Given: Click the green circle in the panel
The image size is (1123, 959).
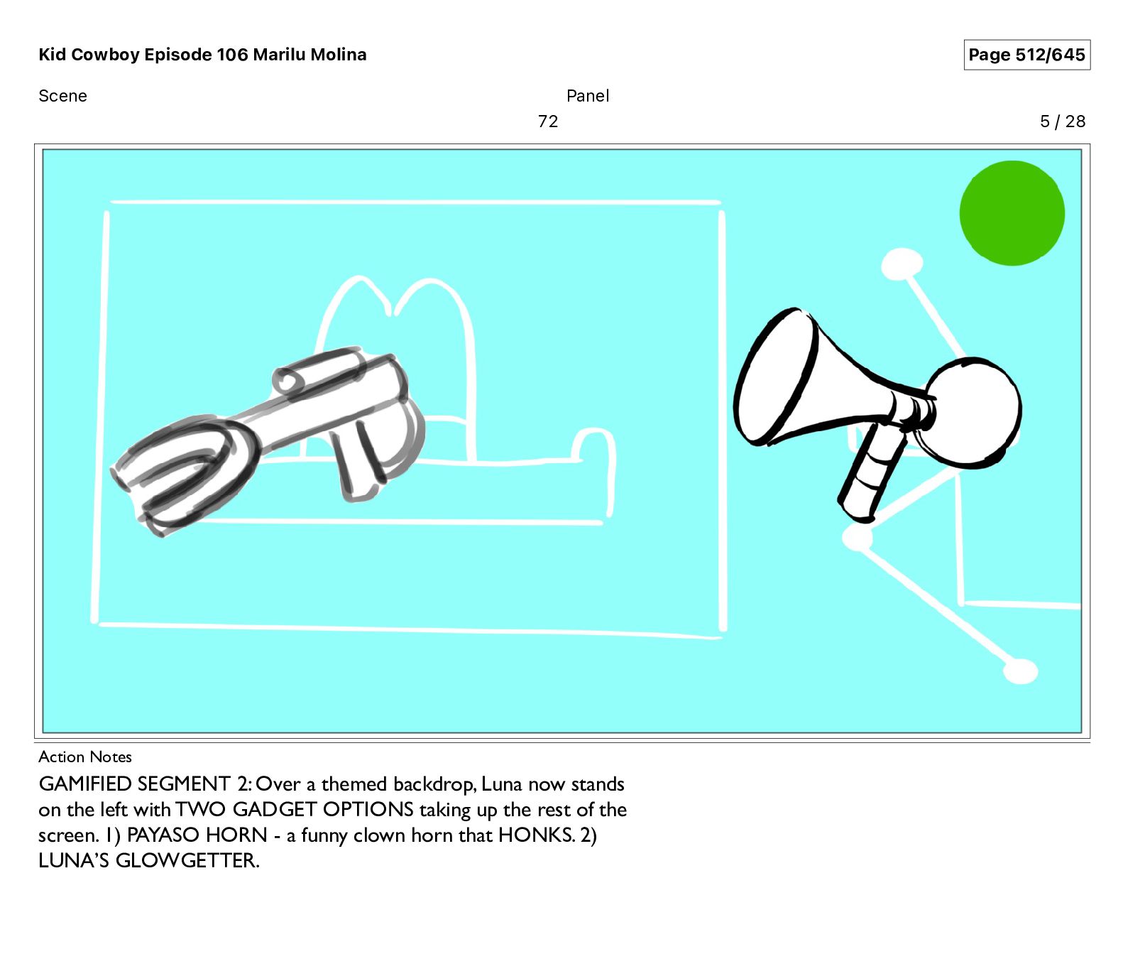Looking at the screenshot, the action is coord(1012,213).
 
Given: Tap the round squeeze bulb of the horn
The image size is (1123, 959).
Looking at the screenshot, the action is coord(973,413).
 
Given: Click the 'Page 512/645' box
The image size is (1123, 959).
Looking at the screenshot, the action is coord(1026,55).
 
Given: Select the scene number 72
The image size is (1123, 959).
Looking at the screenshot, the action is coord(548,121).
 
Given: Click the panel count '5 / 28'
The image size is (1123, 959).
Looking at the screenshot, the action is coord(1063,121).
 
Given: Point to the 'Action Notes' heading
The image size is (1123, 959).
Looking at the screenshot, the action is coord(85,757).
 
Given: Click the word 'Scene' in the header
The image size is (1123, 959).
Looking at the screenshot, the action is coord(62,96).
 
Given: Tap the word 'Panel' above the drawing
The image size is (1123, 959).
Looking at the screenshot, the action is coord(588,96).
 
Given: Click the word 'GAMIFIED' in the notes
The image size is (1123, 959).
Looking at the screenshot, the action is coord(85,784).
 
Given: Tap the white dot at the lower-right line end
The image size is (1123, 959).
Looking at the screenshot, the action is coord(1021,671).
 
